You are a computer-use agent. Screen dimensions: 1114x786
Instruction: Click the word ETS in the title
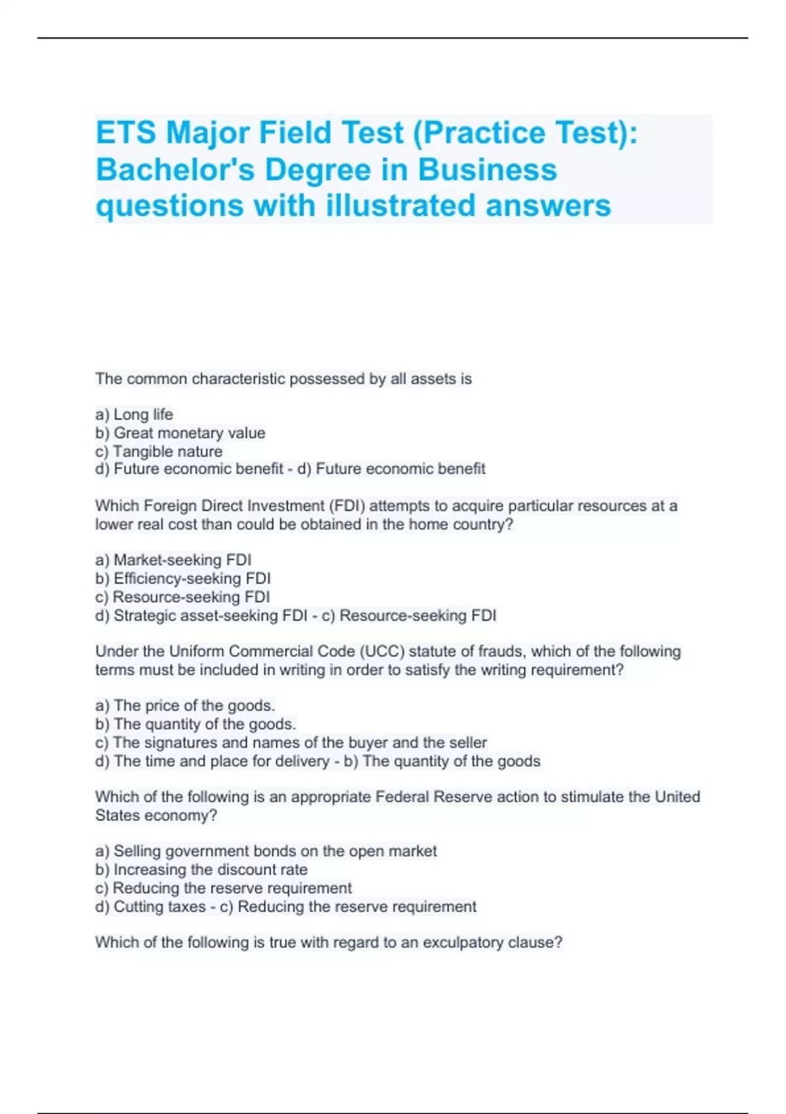tap(126, 133)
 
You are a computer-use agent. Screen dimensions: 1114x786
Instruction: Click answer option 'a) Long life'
tap(134, 414)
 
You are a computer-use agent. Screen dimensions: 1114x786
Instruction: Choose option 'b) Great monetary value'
tap(180, 432)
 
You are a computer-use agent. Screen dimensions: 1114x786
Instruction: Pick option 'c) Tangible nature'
tap(159, 451)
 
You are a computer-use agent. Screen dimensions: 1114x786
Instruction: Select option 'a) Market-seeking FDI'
tap(173, 560)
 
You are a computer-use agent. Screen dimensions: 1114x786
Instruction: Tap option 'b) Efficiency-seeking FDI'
tap(183, 579)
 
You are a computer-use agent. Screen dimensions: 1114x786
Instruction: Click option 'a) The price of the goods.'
tap(185, 706)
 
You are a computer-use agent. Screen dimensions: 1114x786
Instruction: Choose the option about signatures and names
tap(291, 742)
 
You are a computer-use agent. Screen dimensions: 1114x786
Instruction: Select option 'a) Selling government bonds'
tap(265, 851)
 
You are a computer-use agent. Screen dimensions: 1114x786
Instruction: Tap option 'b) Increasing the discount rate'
tap(201, 870)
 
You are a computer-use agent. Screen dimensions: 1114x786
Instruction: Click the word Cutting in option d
tap(136, 907)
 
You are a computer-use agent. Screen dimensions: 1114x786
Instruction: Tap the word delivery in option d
tap(302, 761)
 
